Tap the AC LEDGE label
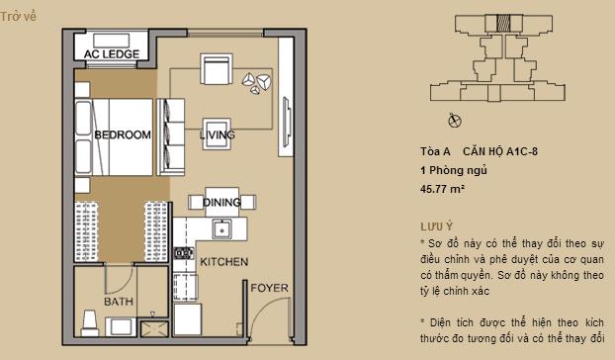111,54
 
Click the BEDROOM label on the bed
123,135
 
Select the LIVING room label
217,135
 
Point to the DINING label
221,203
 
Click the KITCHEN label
223,263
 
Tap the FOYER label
269,288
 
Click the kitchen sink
222,229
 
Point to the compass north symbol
455,122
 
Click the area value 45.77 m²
442,187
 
